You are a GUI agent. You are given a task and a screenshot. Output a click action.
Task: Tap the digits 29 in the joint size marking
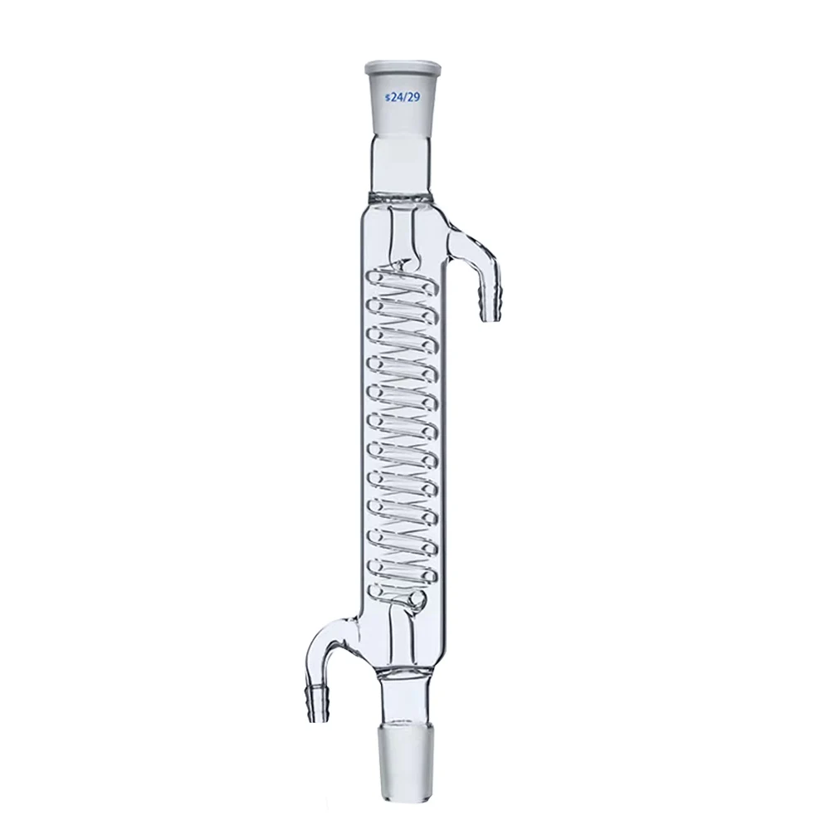[409, 97]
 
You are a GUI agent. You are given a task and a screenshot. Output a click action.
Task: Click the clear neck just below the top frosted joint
[402, 158]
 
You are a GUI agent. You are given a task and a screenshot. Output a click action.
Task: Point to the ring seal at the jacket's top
[402, 198]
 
